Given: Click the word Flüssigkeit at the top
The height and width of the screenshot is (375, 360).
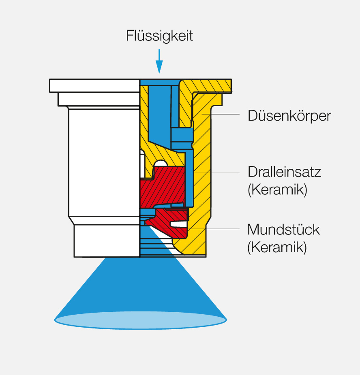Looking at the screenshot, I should [x=159, y=36].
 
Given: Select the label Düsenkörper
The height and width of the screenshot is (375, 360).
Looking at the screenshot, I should [x=289, y=116].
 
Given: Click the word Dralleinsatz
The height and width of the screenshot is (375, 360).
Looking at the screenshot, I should [x=284, y=172].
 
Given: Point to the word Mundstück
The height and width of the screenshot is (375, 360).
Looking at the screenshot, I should [x=283, y=230].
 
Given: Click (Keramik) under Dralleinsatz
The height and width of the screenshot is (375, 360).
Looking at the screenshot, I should [x=277, y=190].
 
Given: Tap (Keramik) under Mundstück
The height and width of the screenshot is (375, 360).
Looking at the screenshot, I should [x=277, y=247].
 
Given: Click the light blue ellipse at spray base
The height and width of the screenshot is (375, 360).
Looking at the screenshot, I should [x=140, y=320].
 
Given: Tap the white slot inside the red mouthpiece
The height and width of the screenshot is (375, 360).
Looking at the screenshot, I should [x=178, y=224].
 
